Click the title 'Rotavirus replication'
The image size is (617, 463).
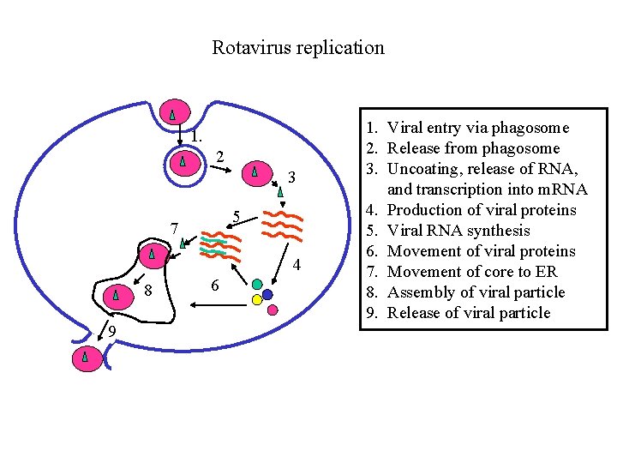pos(298,47)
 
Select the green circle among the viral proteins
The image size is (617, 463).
pos(257,284)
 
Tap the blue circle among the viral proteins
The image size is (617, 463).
pos(267,294)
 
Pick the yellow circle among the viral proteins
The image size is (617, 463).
pos(256,300)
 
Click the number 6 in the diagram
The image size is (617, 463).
pos(214,285)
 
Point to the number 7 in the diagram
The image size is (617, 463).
pos(174,229)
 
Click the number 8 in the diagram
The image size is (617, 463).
pos(147,292)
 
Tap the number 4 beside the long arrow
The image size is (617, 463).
pos(297,265)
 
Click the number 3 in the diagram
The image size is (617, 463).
pos(292,177)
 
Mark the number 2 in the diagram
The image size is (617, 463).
pos(219,157)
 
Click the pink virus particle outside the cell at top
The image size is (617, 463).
pos(173,112)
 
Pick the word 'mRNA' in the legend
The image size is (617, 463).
pos(561,189)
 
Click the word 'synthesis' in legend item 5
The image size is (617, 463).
pos(493,231)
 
